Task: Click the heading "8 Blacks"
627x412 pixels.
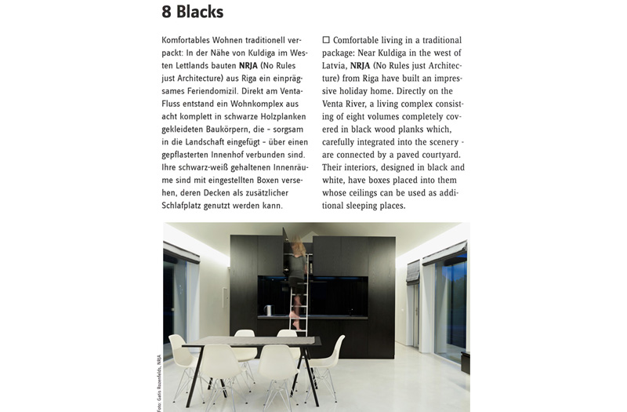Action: (x=192, y=12)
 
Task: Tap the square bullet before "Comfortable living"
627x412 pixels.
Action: (x=326, y=39)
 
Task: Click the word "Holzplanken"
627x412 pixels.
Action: (x=259, y=116)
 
